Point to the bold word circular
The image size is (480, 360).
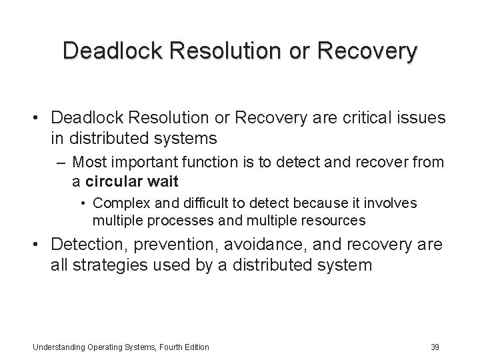(x=113, y=181)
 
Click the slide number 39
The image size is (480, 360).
(x=435, y=346)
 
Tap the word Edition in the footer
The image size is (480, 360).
(x=195, y=347)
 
